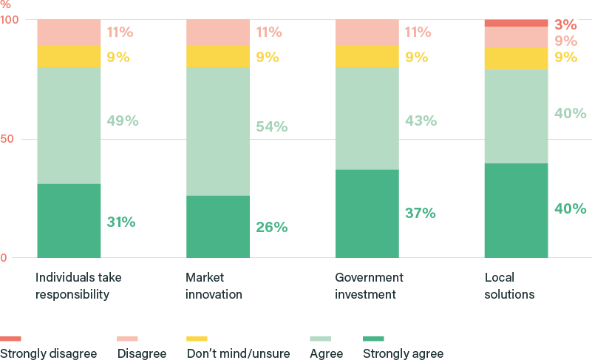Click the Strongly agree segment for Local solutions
click(x=516, y=211)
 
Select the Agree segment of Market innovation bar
click(x=218, y=132)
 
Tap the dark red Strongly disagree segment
click(x=516, y=23)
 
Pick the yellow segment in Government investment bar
click(x=367, y=56)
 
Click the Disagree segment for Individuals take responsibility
click(x=69, y=33)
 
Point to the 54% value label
click(x=271, y=126)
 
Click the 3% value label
click(x=565, y=24)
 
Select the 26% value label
click(x=271, y=227)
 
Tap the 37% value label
click(x=420, y=213)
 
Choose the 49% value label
click(x=122, y=120)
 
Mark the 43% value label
click(x=420, y=120)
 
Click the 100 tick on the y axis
click(x=10, y=19)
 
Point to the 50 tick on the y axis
click(x=7, y=139)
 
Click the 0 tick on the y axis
click(x=4, y=258)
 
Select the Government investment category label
click(x=369, y=286)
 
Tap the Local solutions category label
click(x=509, y=286)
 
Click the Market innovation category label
click(x=214, y=286)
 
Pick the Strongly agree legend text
click(x=403, y=353)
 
